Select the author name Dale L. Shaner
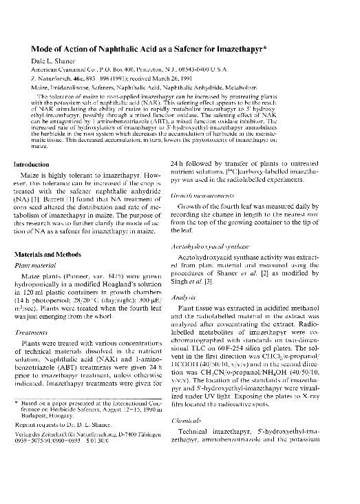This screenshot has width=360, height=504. point(53,61)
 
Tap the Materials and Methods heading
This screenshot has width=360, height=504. point(52,254)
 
